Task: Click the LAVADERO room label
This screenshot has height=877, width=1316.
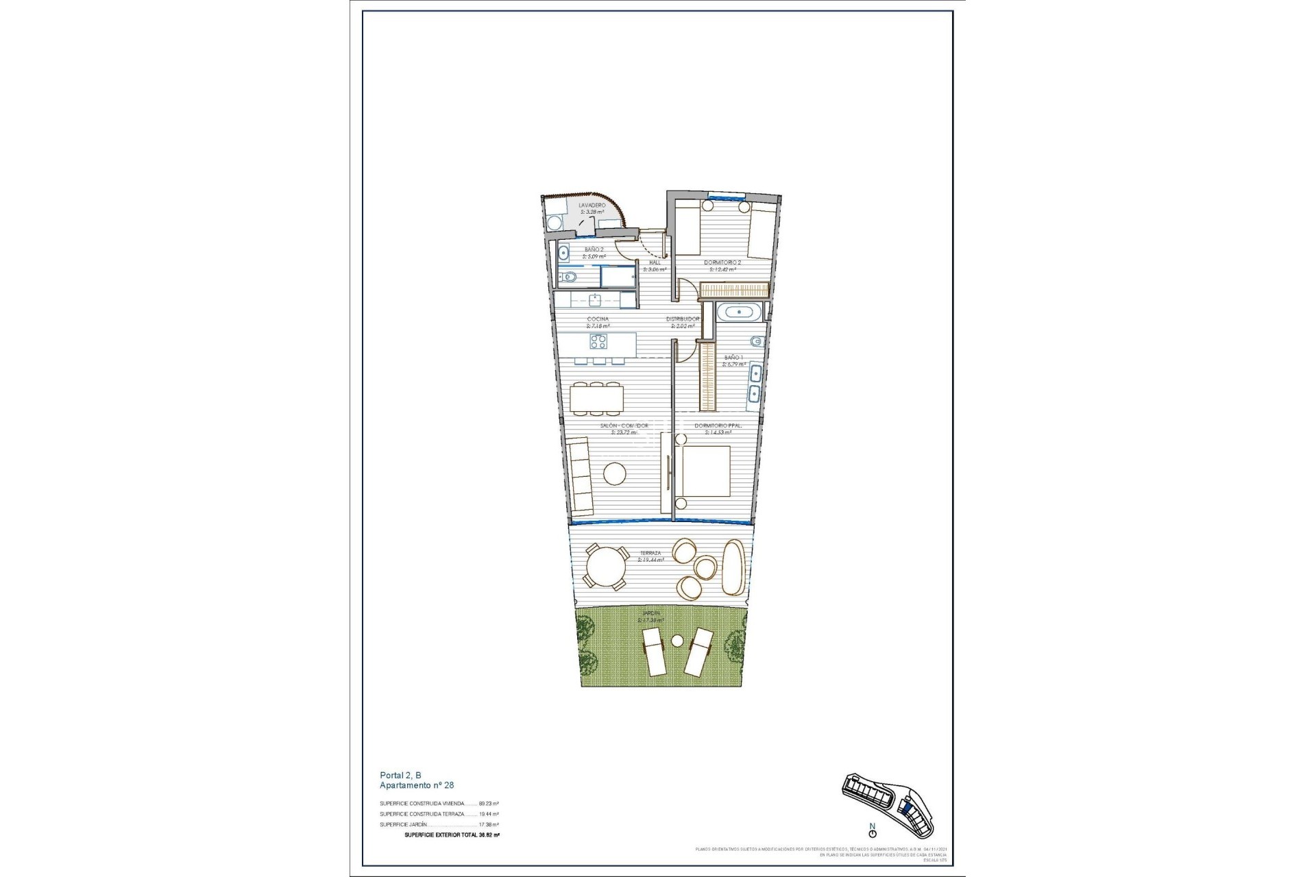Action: pyautogui.click(x=592, y=205)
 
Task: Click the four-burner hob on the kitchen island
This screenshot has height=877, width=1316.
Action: pyautogui.click(x=598, y=341)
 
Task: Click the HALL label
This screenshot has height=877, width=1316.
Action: pyautogui.click(x=655, y=262)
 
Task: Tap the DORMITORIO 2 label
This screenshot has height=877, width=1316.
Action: pyautogui.click(x=722, y=262)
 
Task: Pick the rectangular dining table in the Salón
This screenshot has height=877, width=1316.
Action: pyautogui.click(x=597, y=397)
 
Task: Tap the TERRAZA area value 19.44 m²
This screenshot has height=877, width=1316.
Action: pyautogui.click(x=650, y=560)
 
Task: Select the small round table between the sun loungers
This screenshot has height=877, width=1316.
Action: pyautogui.click(x=677, y=641)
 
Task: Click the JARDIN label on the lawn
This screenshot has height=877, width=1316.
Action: pyautogui.click(x=650, y=613)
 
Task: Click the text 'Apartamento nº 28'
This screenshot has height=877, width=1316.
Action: pyautogui.click(x=417, y=785)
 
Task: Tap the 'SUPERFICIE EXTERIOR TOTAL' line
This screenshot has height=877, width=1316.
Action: pyautogui.click(x=451, y=835)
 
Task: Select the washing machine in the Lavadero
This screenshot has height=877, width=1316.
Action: pyautogui.click(x=553, y=223)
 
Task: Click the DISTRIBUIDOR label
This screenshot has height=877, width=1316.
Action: pyautogui.click(x=683, y=319)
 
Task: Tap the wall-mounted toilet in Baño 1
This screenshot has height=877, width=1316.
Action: pyautogui.click(x=755, y=341)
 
